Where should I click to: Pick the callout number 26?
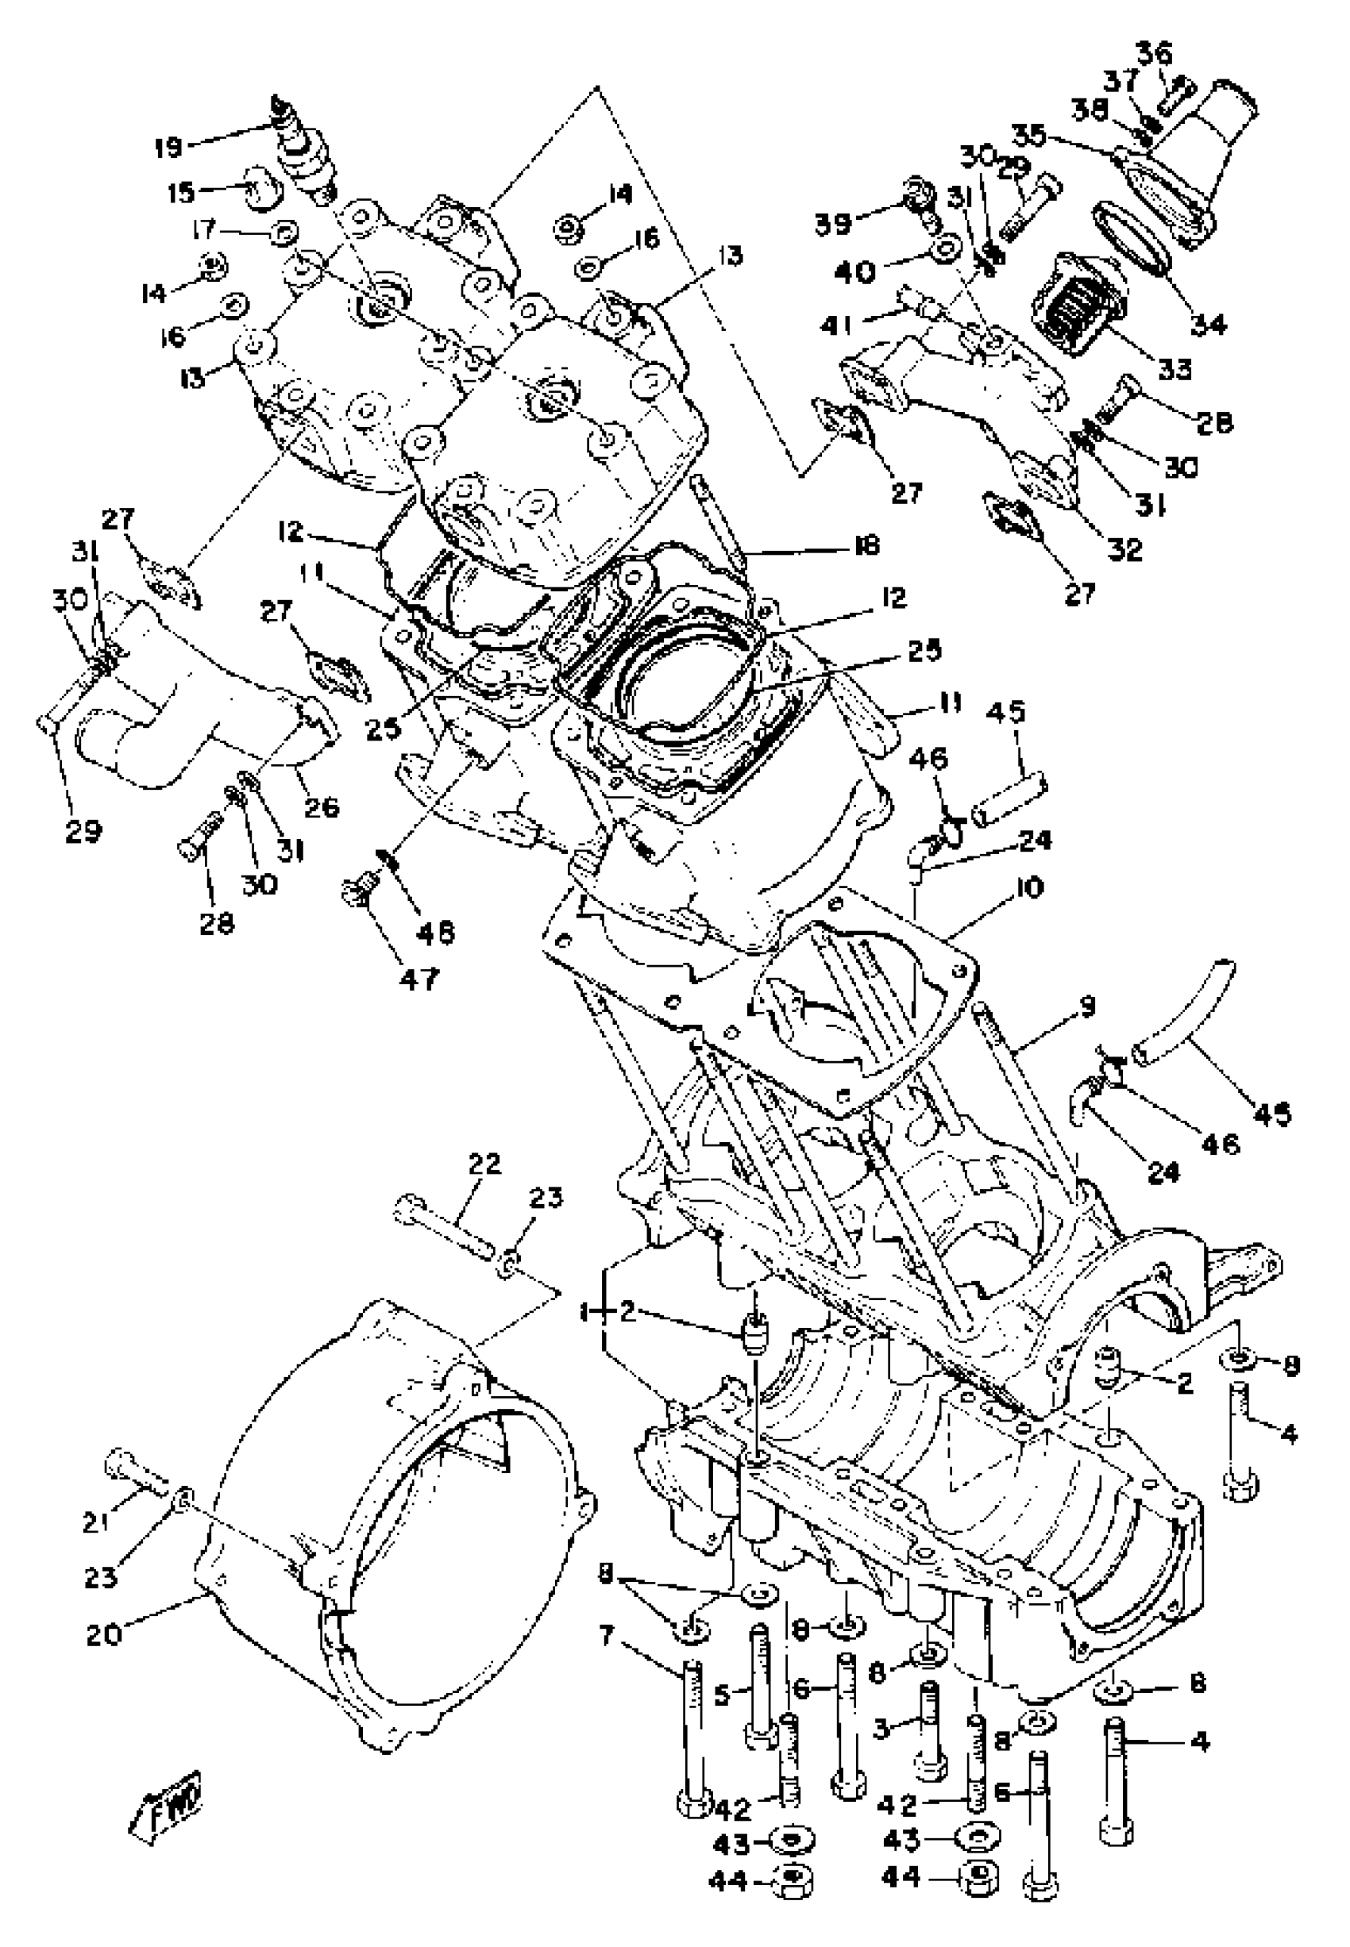[322, 806]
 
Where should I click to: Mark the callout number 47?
[419, 979]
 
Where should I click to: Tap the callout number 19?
[168, 148]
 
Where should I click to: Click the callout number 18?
[866, 544]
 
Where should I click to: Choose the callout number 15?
[180, 193]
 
